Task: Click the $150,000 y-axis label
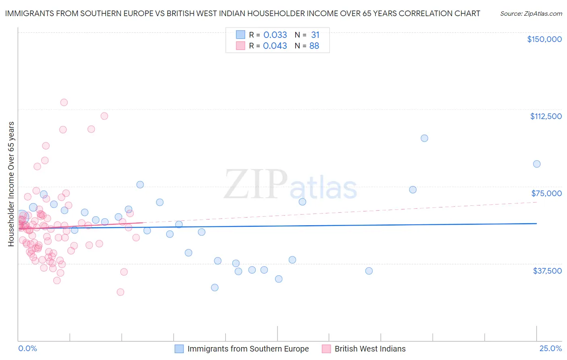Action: [544, 39]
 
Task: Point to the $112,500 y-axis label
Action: [546, 116]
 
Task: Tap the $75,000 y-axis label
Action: [546, 193]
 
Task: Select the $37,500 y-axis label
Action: [547, 271]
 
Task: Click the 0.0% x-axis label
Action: [27, 349]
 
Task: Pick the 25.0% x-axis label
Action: [550, 349]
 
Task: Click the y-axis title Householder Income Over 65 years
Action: [11, 184]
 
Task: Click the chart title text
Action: [242, 13]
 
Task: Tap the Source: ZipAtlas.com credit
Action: [531, 13]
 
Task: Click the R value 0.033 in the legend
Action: [275, 35]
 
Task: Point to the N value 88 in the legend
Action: [314, 46]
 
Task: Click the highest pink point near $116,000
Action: [64, 103]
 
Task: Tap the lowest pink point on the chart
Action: [120, 292]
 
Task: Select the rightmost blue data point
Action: [537, 164]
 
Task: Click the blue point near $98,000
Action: [424, 138]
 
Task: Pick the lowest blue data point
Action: [215, 287]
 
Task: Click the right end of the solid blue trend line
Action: [536, 224]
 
